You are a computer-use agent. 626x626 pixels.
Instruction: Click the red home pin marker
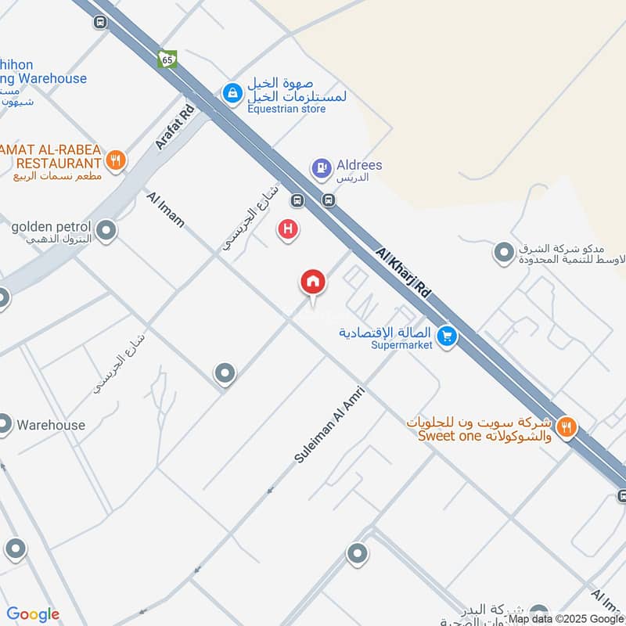(x=313, y=282)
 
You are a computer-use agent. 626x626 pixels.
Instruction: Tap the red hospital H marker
(x=288, y=230)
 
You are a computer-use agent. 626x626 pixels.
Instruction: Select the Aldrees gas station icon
(x=321, y=167)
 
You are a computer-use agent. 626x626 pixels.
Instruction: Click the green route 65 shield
(x=167, y=59)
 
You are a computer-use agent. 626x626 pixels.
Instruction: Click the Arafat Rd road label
(x=174, y=128)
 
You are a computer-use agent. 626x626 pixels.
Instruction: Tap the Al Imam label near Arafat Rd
(x=166, y=209)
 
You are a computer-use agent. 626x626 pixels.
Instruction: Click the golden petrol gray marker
(x=106, y=230)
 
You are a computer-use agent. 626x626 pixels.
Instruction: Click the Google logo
(x=33, y=614)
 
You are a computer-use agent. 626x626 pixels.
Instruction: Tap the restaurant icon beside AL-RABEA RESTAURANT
(x=116, y=160)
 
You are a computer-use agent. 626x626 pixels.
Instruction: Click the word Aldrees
(x=360, y=166)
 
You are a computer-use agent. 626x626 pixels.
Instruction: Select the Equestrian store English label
(x=286, y=109)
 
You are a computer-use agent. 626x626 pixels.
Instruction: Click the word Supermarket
(x=401, y=345)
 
